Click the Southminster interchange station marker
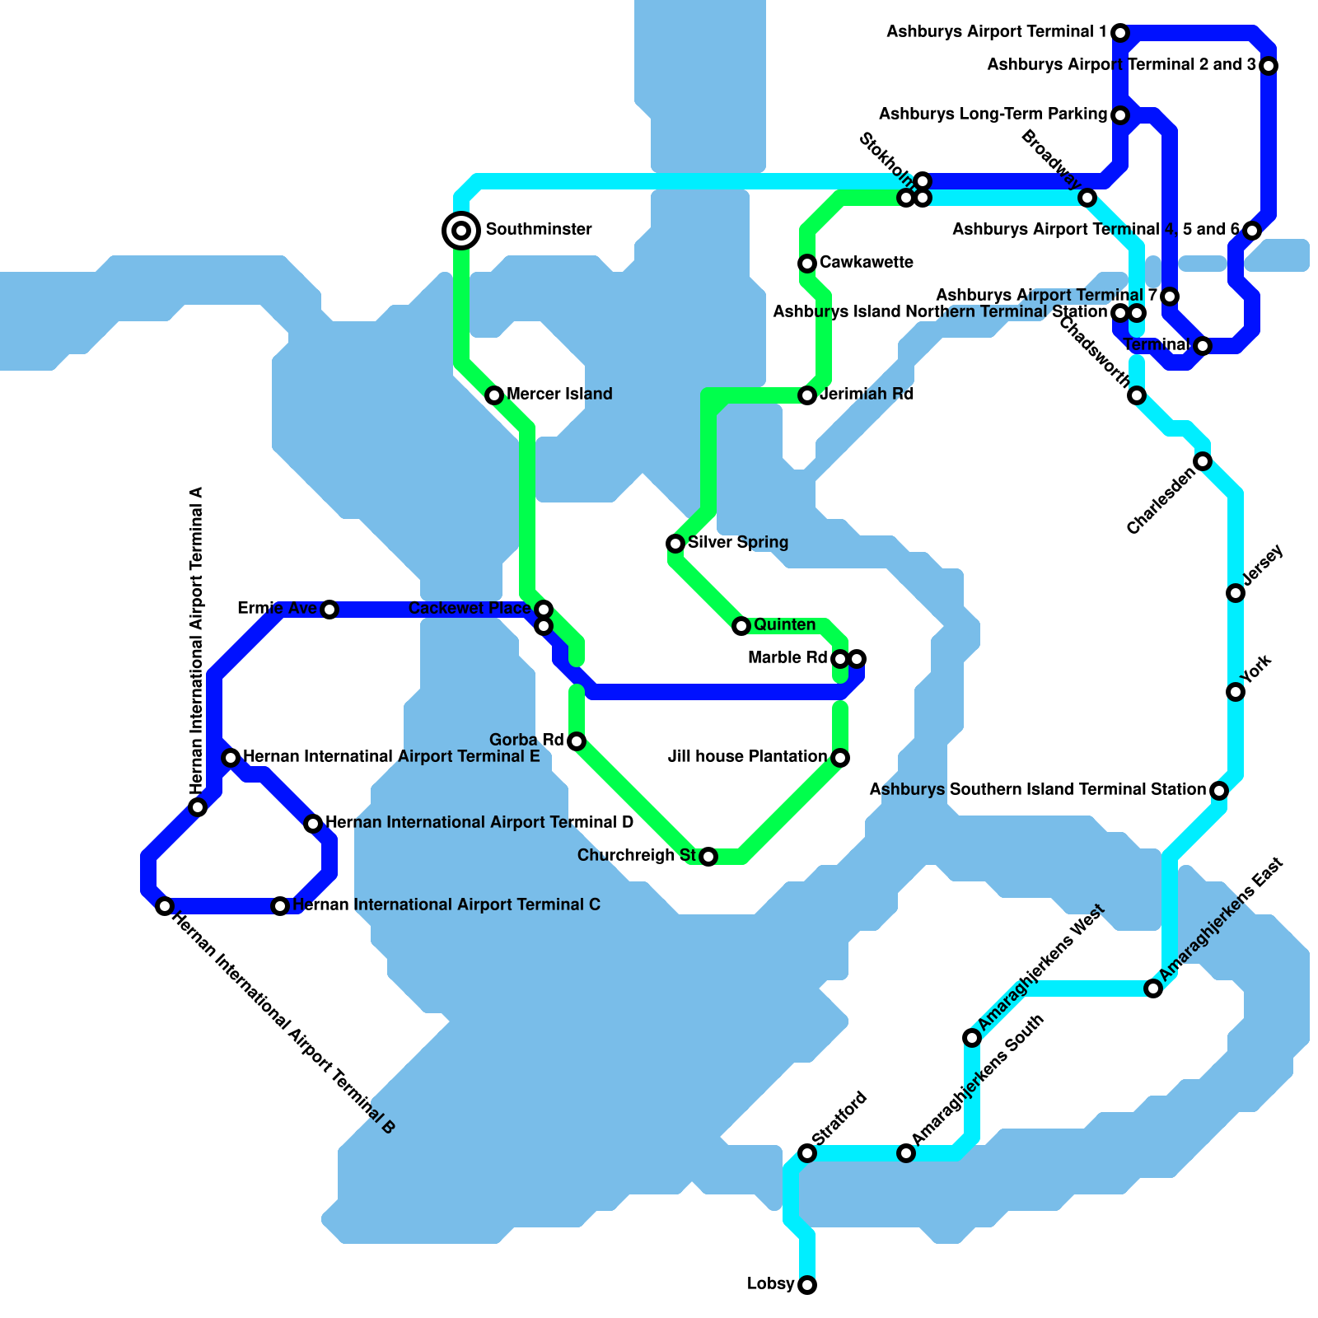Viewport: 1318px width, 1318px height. click(x=461, y=230)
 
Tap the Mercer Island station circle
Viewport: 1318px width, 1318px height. click(x=494, y=395)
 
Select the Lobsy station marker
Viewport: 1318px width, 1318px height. click(x=807, y=1285)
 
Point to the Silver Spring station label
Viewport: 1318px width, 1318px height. click(x=738, y=543)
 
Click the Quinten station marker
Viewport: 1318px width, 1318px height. click(x=741, y=626)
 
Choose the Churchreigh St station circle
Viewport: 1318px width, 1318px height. click(x=708, y=857)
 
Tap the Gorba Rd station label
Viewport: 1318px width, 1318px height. click(x=526, y=740)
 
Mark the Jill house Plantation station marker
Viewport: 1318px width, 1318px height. click(x=840, y=758)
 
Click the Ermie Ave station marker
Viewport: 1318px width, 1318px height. click(x=329, y=610)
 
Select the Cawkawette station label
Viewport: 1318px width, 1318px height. click(x=867, y=263)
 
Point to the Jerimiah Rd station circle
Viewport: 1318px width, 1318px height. click(x=807, y=395)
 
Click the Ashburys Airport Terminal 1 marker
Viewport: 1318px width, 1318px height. click(x=1120, y=33)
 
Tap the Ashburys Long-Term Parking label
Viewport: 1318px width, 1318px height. click(x=993, y=115)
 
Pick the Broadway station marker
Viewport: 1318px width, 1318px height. click(x=1087, y=198)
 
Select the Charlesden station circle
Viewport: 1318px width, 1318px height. click(x=1203, y=461)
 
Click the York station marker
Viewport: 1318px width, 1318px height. click(x=1236, y=692)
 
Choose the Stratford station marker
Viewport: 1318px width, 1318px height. click(x=807, y=1153)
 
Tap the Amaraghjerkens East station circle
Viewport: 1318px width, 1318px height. click(x=1153, y=988)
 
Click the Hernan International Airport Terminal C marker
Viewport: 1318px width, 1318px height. click(x=280, y=906)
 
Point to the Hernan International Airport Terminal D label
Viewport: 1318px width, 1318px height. click(x=479, y=823)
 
